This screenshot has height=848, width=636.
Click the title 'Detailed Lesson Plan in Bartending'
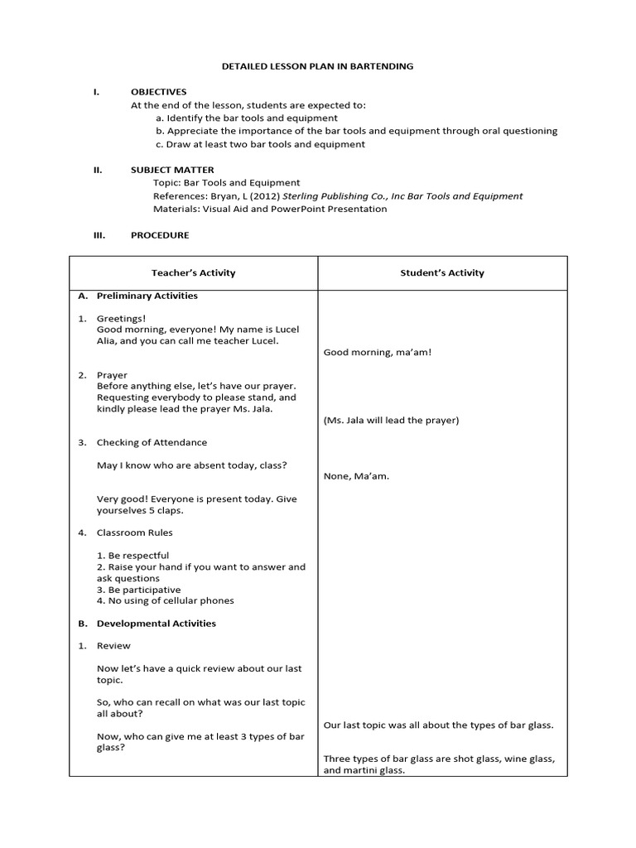click(317, 65)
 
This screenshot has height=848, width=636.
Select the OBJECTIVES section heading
click(159, 92)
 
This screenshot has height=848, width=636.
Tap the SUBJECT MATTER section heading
click(172, 170)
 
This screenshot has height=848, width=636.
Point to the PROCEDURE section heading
click(160, 235)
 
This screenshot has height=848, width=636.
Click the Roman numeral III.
click(98, 235)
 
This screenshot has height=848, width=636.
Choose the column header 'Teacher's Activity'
click(193, 272)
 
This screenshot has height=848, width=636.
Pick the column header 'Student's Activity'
click(443, 272)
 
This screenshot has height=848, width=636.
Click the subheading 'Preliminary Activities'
click(147, 296)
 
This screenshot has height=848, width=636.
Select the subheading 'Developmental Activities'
click(156, 624)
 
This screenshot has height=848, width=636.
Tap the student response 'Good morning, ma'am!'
click(378, 353)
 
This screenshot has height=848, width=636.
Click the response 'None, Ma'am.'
click(356, 476)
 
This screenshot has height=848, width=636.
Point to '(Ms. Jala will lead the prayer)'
click(391, 420)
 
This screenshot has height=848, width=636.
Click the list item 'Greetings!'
click(121, 318)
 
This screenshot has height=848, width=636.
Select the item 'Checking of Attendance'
click(152, 442)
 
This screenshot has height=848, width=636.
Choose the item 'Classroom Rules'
click(134, 532)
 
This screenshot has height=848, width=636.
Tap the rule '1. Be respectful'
click(132, 556)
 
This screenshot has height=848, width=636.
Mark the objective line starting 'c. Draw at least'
click(260, 144)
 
